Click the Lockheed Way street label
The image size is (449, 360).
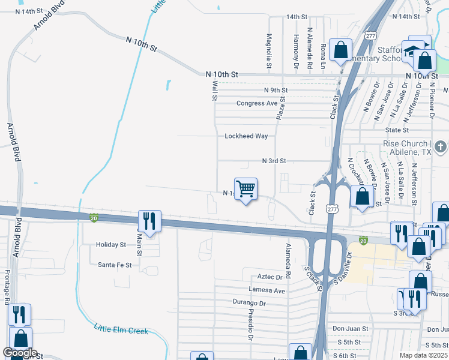point(246,136)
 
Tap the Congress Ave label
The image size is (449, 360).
point(257,103)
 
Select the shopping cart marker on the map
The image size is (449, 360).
point(246,189)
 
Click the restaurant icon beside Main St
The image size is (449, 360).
point(149,220)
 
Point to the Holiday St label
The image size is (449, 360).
point(112,245)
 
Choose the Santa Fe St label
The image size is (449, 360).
point(115,265)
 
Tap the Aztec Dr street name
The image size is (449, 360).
point(270,277)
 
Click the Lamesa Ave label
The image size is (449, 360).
point(267,290)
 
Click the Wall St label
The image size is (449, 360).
point(214,91)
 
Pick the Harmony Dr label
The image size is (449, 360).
point(297,47)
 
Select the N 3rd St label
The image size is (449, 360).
point(274,161)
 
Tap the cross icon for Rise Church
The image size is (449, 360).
point(441,146)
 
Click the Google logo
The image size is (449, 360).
point(20,353)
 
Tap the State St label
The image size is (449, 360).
point(397,130)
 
